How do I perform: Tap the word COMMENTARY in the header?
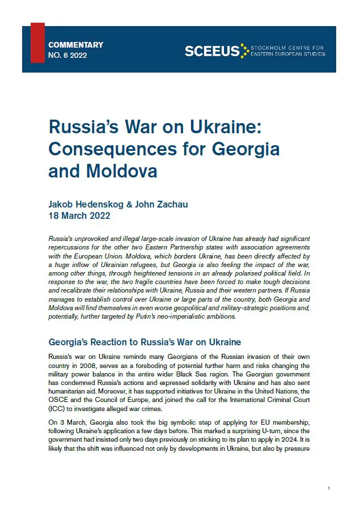coord(76,45)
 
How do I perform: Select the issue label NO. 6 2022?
coord(68,56)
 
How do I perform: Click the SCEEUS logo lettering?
coord(211,51)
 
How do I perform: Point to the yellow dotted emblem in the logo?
coord(244,50)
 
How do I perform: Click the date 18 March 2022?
coord(79,216)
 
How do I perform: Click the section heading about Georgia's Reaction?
coord(145,342)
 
